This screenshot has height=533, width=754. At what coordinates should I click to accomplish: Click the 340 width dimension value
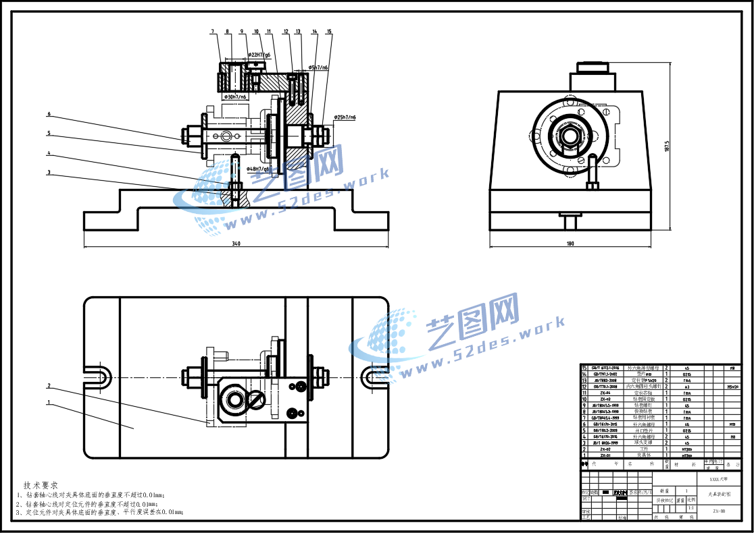(236, 243)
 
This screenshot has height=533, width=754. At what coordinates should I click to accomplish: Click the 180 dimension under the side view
(570, 243)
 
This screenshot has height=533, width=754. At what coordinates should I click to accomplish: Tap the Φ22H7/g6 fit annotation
(259, 55)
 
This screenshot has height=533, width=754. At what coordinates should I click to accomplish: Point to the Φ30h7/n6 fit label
(234, 97)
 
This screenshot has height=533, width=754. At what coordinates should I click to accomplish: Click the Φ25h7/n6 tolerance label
(344, 117)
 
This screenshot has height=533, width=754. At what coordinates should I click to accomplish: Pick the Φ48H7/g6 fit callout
(259, 169)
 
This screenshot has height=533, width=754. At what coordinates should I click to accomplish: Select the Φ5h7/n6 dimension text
(318, 67)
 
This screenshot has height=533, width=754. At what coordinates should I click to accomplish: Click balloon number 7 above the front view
(212, 32)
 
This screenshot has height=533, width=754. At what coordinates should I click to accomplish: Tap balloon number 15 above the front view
(329, 32)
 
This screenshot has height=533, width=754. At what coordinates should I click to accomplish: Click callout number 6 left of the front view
(49, 114)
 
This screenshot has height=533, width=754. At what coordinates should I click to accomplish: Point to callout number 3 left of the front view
(49, 172)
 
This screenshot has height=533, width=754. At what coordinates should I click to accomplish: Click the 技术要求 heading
(41, 485)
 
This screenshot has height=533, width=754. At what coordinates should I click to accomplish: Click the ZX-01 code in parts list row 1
(605, 455)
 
